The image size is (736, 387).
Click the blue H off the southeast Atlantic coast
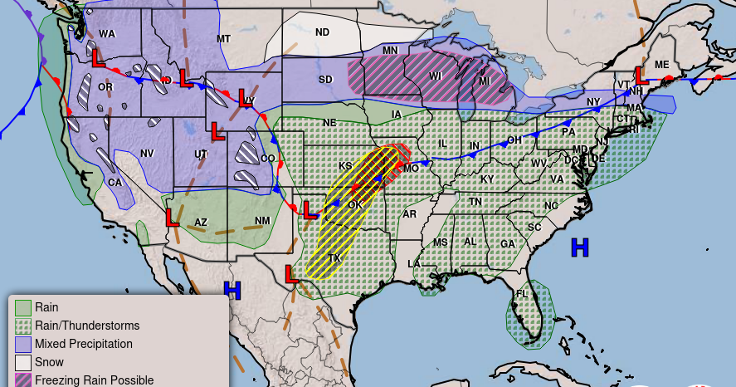point(579,247)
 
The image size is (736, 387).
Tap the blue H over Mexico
point(232,290)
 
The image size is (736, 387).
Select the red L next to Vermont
point(640,76)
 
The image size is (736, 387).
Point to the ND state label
point(322,32)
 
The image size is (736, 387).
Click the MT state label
point(223,39)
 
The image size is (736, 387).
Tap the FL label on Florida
point(522,294)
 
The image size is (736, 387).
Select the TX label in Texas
point(334,258)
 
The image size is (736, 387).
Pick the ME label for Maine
point(661,65)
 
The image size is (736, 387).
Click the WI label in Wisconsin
point(436,75)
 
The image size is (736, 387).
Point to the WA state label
point(107,34)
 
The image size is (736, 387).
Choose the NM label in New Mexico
point(262,220)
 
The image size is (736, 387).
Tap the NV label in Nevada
point(147,154)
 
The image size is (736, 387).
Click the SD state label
point(326,81)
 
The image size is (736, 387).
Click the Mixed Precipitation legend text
point(83,344)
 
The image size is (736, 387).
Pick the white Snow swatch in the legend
point(23,362)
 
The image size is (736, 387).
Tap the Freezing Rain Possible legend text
point(94,380)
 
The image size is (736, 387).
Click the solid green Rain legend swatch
point(23,308)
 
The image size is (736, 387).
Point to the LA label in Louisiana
point(414,263)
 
